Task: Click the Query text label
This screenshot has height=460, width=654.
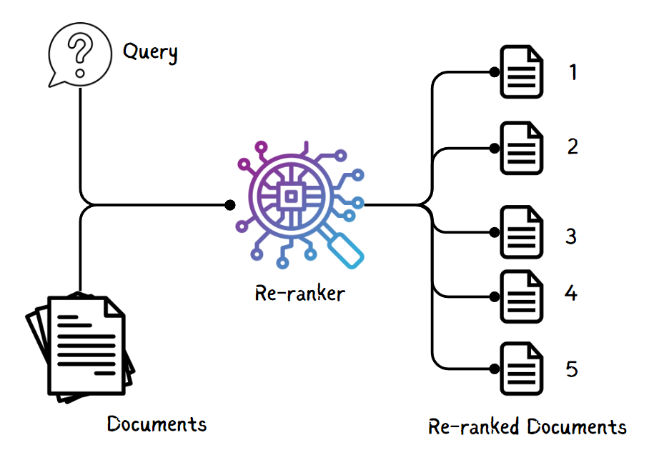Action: [x=150, y=52]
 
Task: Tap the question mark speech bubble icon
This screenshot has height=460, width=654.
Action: [x=80, y=54]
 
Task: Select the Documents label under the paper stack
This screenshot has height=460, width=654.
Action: [x=157, y=424]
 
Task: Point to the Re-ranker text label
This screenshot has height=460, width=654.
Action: [x=300, y=293]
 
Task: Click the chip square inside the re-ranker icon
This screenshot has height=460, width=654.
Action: [x=291, y=196]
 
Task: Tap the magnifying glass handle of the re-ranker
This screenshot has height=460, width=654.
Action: [x=345, y=249]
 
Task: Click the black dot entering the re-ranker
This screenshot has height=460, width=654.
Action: [x=230, y=205]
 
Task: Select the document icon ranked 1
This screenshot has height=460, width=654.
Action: [x=521, y=71]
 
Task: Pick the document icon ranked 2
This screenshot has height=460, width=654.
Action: [x=521, y=148]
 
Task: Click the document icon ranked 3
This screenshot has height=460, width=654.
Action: [x=521, y=232]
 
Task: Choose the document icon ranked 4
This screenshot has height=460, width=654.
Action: [x=521, y=296]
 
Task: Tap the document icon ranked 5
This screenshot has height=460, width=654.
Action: [x=521, y=369]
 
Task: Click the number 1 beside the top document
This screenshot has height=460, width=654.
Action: [x=573, y=72]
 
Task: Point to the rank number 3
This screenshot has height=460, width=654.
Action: [x=571, y=236]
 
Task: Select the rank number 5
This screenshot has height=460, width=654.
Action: [x=572, y=369]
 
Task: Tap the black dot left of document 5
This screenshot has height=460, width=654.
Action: [x=495, y=369]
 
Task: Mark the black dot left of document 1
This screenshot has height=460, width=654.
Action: [x=495, y=72]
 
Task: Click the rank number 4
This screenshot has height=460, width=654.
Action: [x=571, y=293]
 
